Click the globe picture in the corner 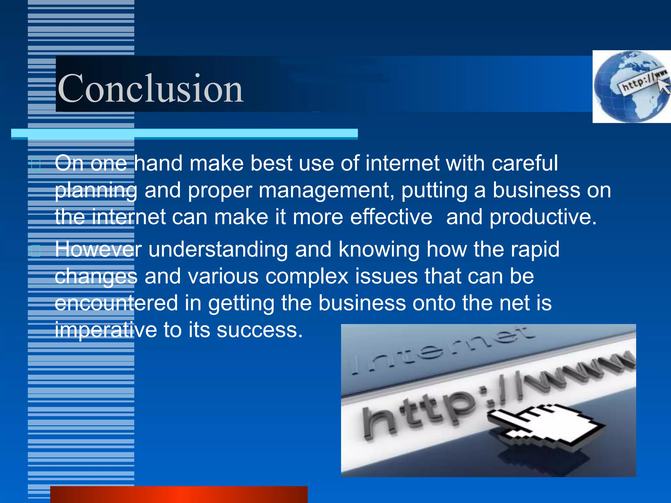[631, 87]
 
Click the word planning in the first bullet [96, 191]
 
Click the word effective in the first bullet [391, 217]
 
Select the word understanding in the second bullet [218, 250]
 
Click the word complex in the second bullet [307, 276]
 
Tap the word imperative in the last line [106, 330]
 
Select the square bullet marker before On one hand [36, 165]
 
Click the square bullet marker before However [36, 251]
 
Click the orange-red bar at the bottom [179, 494]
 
